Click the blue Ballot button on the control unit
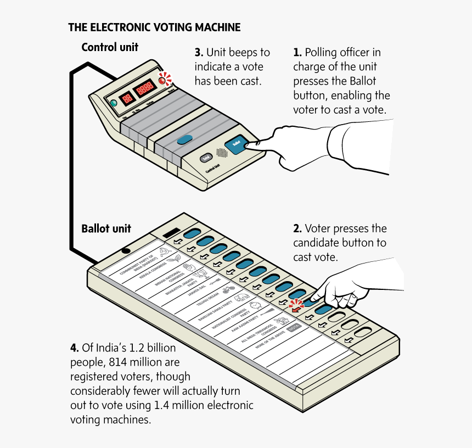coord(236,144)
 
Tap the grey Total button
coord(206,158)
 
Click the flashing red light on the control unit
coord(162,80)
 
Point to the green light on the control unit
coord(114,103)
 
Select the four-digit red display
coord(145,88)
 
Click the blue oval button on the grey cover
coord(185,139)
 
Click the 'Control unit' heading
coord(110,47)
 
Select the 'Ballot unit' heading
coord(106,228)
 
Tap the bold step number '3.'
coord(199,53)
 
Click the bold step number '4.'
coord(74,348)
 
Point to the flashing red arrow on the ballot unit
coord(296,307)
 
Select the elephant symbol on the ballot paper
coord(241,298)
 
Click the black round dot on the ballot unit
coord(126,251)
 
